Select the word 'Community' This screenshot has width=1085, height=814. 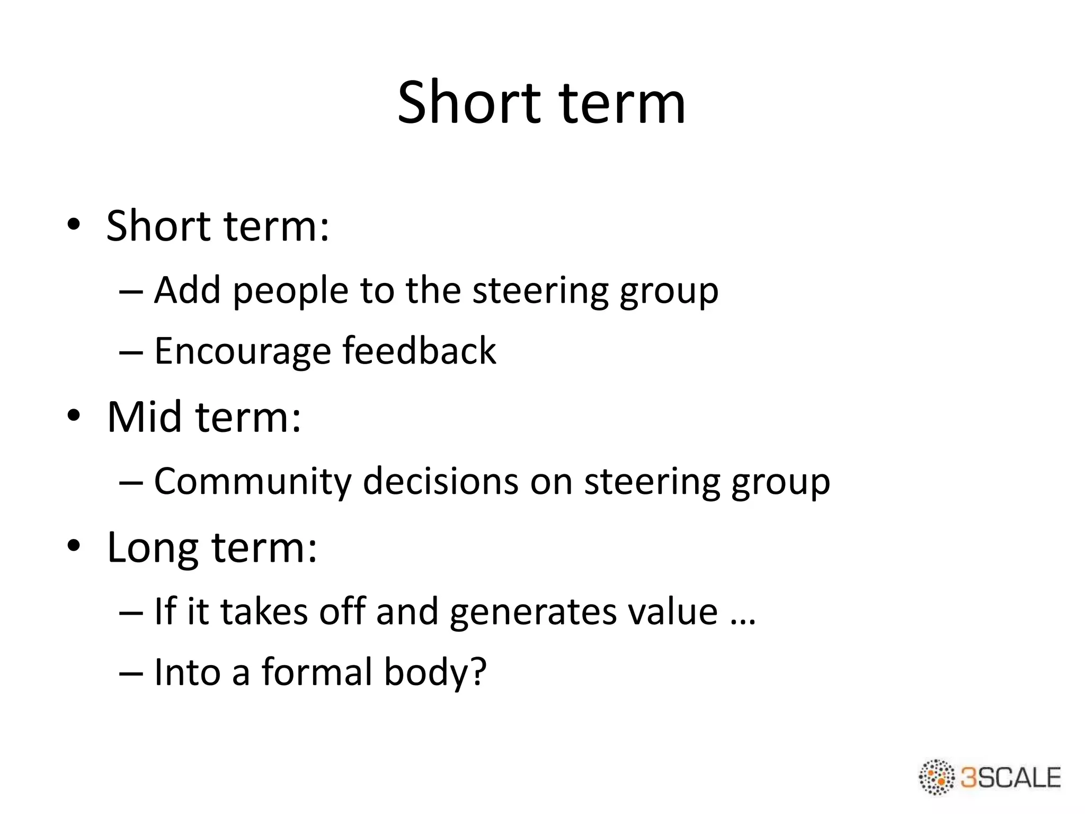point(253,482)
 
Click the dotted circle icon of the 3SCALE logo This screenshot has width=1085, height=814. point(937,777)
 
